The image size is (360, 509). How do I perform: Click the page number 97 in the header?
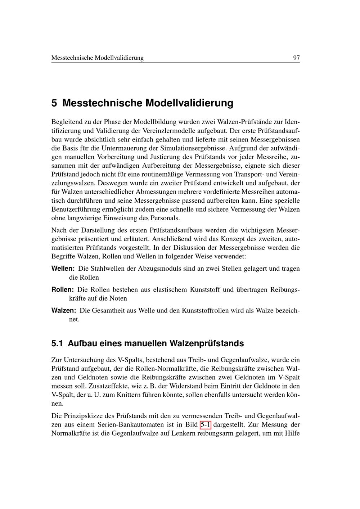pyautogui.click(x=296, y=58)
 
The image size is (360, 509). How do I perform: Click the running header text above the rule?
pyautogui.click(x=98, y=58)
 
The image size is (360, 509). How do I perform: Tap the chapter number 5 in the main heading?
pyautogui.click(x=54, y=103)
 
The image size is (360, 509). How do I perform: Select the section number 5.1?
pyautogui.click(x=57, y=343)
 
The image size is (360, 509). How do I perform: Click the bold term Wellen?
pyautogui.click(x=63, y=269)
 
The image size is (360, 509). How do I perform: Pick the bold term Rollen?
pyautogui.click(x=63, y=289)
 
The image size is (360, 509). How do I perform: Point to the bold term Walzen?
pyautogui.click(x=64, y=310)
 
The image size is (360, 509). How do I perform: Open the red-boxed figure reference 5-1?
pyautogui.click(x=205, y=424)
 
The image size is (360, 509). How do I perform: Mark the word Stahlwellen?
pyautogui.click(x=107, y=269)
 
